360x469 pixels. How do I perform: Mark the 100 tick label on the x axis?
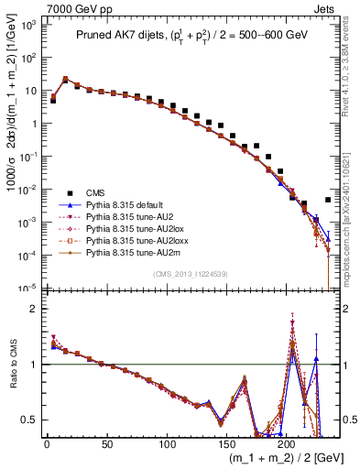pos(167,444)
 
